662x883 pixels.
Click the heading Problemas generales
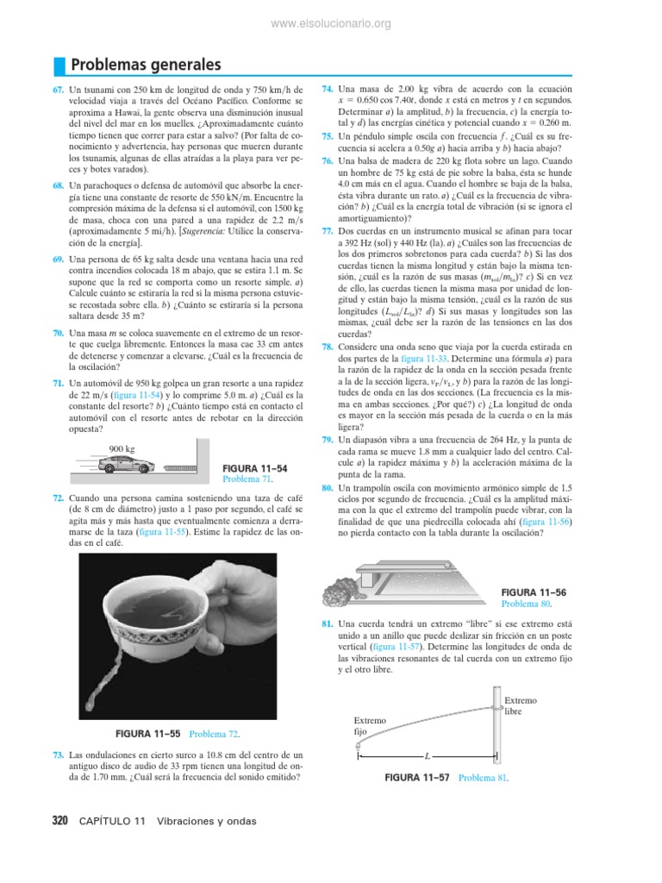pyautogui.click(x=145, y=65)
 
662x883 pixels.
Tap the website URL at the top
pyautogui.click(x=331, y=23)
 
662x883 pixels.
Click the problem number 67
pyautogui.click(x=59, y=89)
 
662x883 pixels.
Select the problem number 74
pyautogui.click(x=327, y=89)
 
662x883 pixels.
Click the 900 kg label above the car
pyautogui.click(x=122, y=448)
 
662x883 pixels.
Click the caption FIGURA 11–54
pyautogui.click(x=255, y=467)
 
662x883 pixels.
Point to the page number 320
pyautogui.click(x=59, y=821)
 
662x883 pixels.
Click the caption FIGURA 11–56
pyautogui.click(x=534, y=592)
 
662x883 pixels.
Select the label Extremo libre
pyautogui.click(x=520, y=706)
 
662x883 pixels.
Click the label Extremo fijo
pyautogui.click(x=370, y=725)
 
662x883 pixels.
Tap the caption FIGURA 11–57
pyautogui.click(x=419, y=777)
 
